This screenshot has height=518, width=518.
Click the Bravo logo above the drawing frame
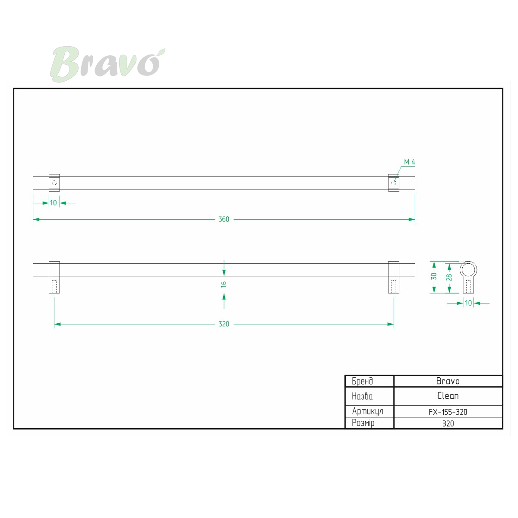point(107,64)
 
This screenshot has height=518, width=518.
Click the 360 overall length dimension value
point(224,219)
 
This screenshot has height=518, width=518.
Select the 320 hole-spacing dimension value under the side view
point(224,324)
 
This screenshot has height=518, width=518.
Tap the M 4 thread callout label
point(409,162)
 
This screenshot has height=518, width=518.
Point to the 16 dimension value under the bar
point(224,284)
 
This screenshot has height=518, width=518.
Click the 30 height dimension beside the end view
point(433,276)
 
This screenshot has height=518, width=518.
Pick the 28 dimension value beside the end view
point(449,277)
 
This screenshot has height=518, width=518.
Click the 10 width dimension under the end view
point(468,303)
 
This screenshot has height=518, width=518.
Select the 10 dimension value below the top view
point(53,203)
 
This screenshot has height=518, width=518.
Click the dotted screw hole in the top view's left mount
point(54,183)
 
